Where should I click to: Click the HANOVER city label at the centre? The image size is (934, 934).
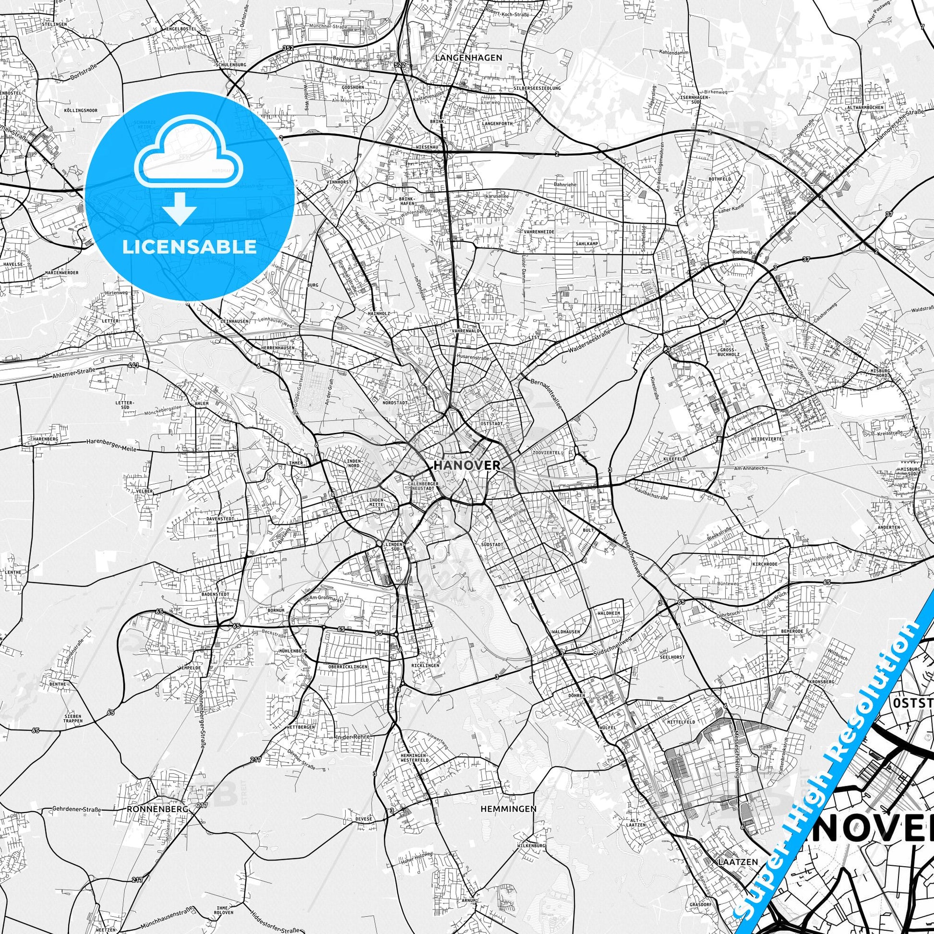pos(467,465)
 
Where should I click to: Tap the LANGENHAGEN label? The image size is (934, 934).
pos(469,58)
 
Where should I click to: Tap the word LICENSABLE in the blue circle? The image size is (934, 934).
pos(190,247)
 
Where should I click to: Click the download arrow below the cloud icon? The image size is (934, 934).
pos(180,208)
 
